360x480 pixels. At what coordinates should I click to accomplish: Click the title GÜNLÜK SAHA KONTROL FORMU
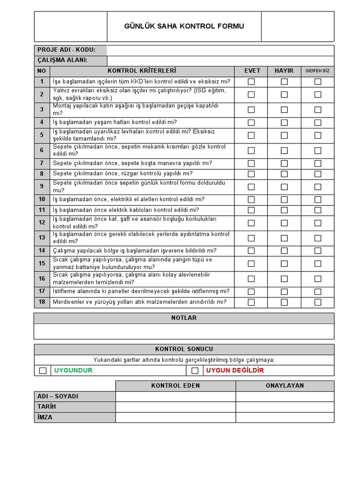pyautogui.click(x=184, y=26)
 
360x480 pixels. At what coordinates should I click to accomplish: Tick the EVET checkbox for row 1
pyautogui.click(x=251, y=82)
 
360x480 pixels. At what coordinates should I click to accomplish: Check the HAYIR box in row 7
pyautogui.click(x=284, y=164)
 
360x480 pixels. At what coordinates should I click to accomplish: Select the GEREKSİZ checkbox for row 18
pyautogui.click(x=318, y=302)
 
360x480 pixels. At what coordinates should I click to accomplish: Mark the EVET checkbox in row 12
pyautogui.click(x=251, y=223)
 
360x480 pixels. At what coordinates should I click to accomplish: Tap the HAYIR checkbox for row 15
pyautogui.click(x=284, y=263)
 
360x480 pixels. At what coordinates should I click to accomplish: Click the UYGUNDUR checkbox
pyautogui.click(x=43, y=371)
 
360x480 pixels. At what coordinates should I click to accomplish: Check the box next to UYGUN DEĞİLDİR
pyautogui.click(x=195, y=371)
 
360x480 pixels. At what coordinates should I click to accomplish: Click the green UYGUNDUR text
pyautogui.click(x=73, y=370)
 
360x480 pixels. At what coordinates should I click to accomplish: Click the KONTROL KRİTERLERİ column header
pyautogui.click(x=142, y=71)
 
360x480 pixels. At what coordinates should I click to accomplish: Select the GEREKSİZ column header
pyautogui.click(x=317, y=71)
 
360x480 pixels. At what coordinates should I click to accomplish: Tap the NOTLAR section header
pyautogui.click(x=184, y=318)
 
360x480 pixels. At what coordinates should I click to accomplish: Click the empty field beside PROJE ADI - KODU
pyautogui.click(x=220, y=50)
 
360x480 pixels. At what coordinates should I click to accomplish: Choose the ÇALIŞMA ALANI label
pyautogui.click(x=62, y=60)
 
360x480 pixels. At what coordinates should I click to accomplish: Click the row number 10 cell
pyautogui.click(x=42, y=200)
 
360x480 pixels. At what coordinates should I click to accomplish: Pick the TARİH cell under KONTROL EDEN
pyautogui.click(x=175, y=407)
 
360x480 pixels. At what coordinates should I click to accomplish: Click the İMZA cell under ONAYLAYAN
pyautogui.click(x=285, y=417)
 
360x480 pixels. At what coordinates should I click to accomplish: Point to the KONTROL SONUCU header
pyautogui.click(x=184, y=349)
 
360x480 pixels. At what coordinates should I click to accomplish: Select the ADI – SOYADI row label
pyautogui.click(x=58, y=397)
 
